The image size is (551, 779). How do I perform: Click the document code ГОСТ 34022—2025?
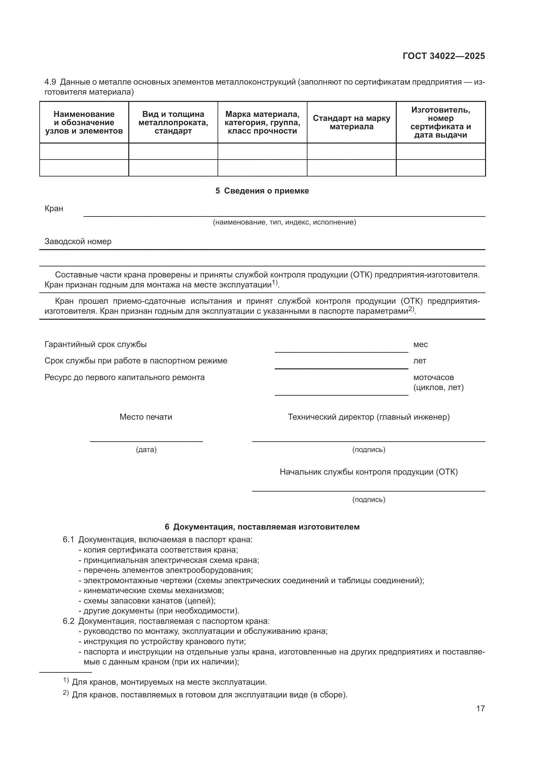(x=443, y=56)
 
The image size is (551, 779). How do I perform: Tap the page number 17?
(x=480, y=708)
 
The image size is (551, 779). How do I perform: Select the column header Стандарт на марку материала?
(x=351, y=123)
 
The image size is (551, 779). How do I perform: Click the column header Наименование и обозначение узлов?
(x=84, y=123)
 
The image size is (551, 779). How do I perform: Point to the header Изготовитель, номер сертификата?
(x=440, y=123)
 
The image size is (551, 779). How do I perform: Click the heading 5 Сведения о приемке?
(x=262, y=191)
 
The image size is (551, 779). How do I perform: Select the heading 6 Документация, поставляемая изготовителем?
(x=262, y=527)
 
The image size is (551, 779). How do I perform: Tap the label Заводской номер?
(x=78, y=241)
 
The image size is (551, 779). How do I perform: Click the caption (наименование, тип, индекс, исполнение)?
(x=284, y=222)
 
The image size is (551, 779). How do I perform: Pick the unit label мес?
(x=420, y=344)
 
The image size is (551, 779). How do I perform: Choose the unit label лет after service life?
(x=419, y=361)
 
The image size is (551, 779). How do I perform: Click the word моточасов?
(x=433, y=377)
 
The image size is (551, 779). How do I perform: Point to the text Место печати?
(x=146, y=417)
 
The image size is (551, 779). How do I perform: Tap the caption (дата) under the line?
(x=146, y=450)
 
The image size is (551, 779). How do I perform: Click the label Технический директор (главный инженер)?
(x=368, y=417)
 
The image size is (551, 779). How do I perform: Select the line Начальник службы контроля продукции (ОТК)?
(x=368, y=472)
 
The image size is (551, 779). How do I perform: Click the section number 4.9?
(x=50, y=82)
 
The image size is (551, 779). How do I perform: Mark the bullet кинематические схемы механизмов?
(x=153, y=590)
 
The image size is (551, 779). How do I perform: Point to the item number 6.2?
(x=68, y=621)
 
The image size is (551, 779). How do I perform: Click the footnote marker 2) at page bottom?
(x=66, y=693)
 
